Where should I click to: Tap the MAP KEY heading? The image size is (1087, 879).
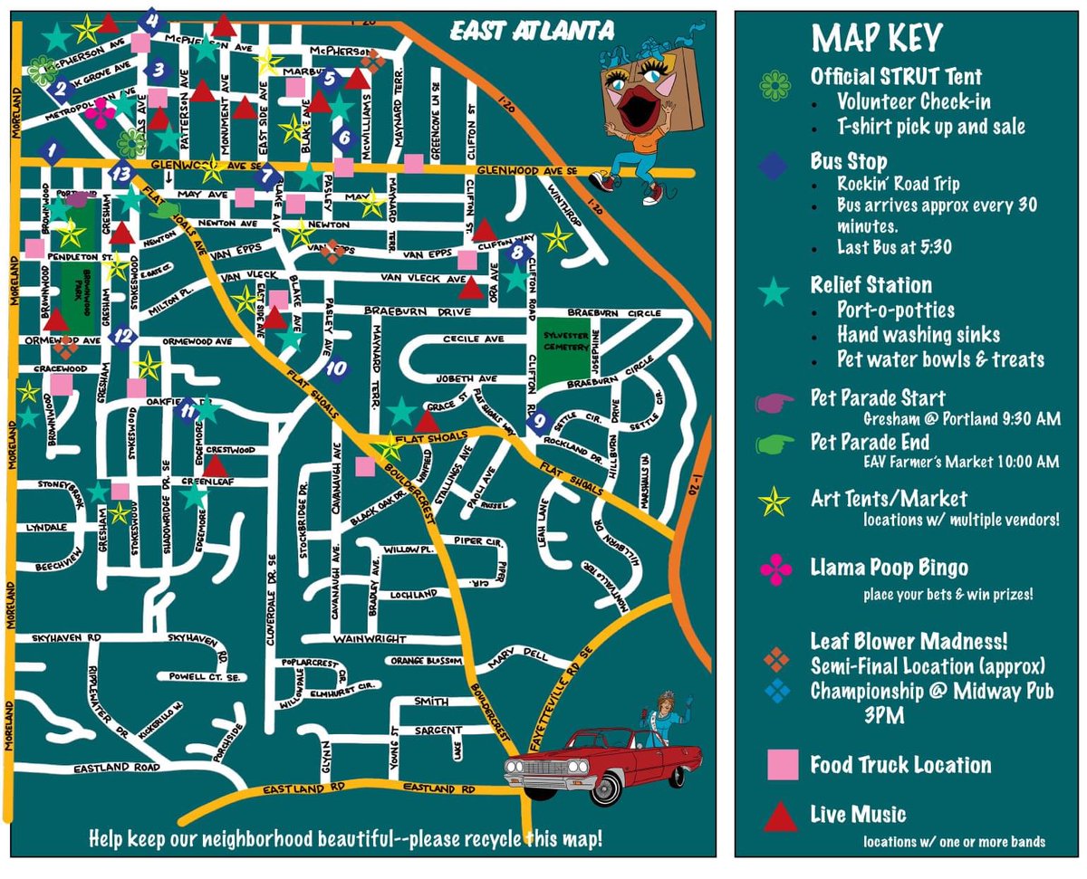(x=876, y=38)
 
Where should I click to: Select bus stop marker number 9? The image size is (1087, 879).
(x=539, y=420)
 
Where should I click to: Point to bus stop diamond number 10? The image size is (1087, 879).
(x=336, y=369)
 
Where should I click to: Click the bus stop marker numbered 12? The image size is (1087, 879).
(x=123, y=336)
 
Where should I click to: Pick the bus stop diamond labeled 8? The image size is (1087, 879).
(x=517, y=253)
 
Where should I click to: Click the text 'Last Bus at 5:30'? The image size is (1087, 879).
(x=893, y=247)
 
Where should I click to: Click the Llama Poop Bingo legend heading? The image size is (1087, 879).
(x=889, y=568)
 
